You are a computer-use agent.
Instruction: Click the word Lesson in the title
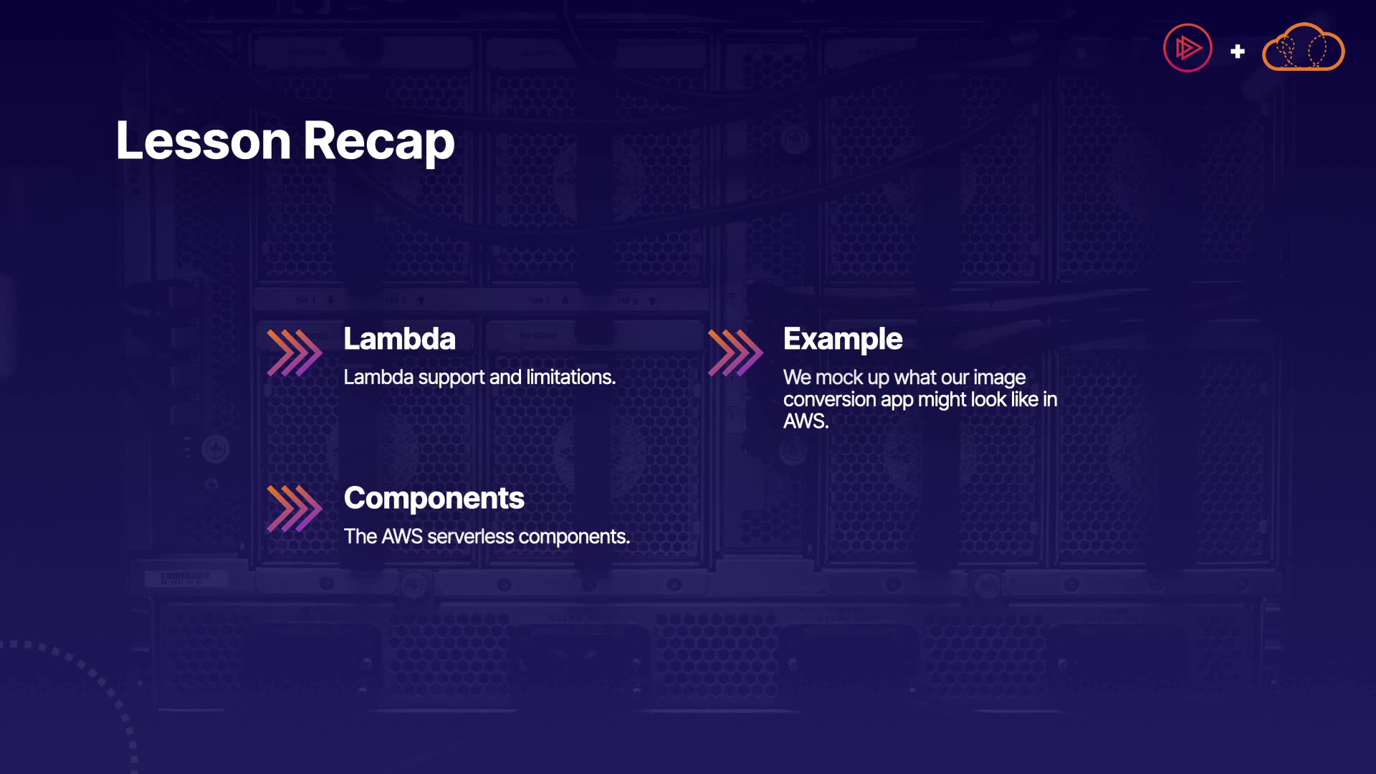[x=204, y=140]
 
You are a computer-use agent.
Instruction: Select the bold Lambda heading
[x=399, y=339]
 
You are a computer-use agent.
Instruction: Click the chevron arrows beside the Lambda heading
[x=295, y=353]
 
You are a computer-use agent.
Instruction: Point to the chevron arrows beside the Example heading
[x=735, y=353]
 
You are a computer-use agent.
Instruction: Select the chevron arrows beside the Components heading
[x=295, y=509]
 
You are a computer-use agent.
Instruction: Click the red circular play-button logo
[x=1188, y=48]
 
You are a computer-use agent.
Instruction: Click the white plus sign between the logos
[x=1238, y=52]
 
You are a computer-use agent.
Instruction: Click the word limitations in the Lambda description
[x=571, y=378]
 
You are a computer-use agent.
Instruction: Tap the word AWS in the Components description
[x=402, y=537]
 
